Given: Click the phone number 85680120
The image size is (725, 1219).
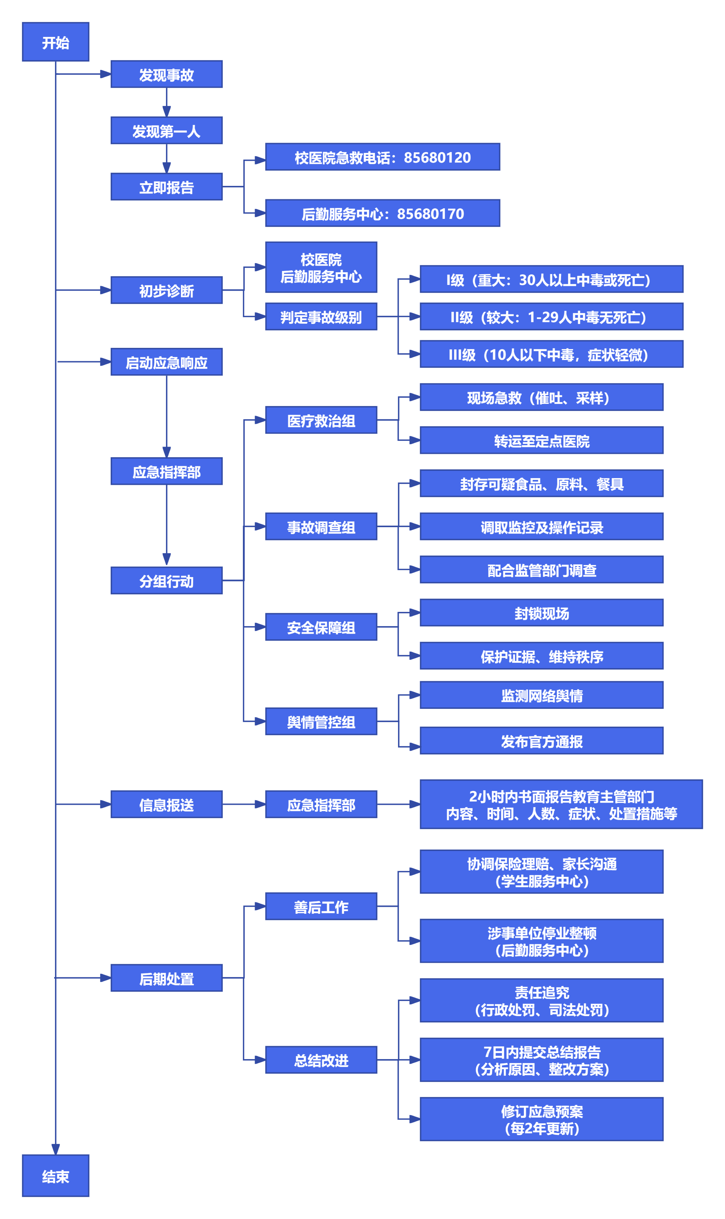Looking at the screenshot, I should (437, 158).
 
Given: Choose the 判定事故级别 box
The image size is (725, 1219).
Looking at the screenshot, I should (321, 317).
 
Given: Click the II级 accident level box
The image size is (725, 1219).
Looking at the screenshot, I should (551, 317).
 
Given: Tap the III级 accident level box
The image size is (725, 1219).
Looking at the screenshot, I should (551, 355).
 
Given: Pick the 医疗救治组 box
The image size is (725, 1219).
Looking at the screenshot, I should (321, 420).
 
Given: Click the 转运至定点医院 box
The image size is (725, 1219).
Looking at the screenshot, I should (541, 441).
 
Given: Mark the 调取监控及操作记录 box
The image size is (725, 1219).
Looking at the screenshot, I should (541, 527).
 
